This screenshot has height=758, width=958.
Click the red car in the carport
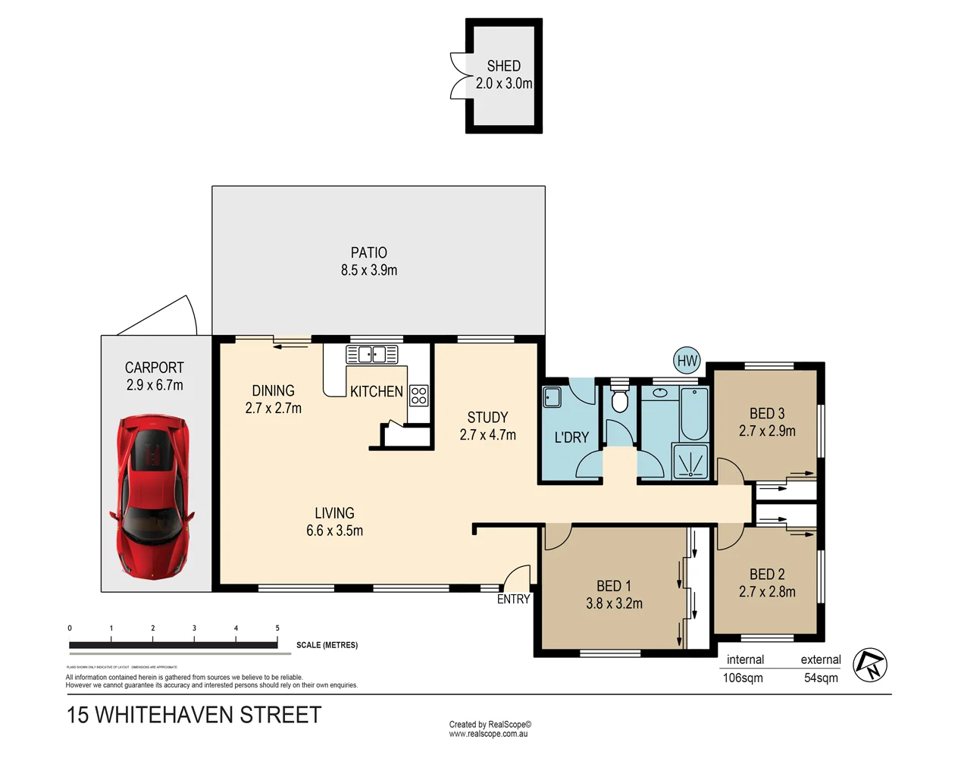pos(154,496)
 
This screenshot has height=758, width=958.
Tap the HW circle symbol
pos(687,361)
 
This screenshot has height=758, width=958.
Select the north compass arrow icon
pos(870,665)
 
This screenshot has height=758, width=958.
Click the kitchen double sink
pos(372,354)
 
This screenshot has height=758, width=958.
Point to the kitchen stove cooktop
pos(418,395)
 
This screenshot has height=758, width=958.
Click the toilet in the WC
pos(620,399)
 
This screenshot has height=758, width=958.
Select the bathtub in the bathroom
pos(693,413)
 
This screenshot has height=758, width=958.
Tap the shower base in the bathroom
pos(690,462)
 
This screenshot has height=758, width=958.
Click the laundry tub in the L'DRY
pos(553,396)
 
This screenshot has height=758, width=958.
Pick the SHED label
pos(503,66)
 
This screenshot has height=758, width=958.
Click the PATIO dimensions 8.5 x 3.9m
pos(369,271)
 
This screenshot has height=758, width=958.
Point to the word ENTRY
pos(513,600)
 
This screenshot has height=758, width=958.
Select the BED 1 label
pos(613,586)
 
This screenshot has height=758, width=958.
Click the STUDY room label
pos(487,418)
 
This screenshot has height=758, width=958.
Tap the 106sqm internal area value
pos(743,678)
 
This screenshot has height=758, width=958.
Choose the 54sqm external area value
pos(821,678)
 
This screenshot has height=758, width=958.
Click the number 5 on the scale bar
pos(277,628)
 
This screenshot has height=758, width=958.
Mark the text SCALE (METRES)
pos(327,645)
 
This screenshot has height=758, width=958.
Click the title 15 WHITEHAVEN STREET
pos(194,715)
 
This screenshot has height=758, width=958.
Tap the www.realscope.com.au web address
pos(488,734)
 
